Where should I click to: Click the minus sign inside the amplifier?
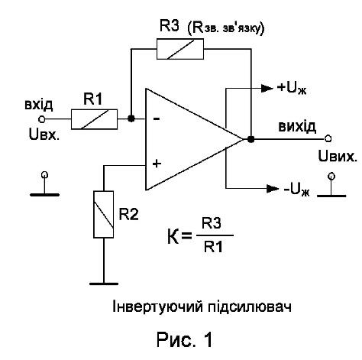point(157,118)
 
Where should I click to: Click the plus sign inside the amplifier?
point(157,164)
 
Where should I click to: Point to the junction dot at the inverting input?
point(131,118)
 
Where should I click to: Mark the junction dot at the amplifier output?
point(251,139)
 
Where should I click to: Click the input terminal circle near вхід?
point(41,119)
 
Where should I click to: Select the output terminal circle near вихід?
point(328,138)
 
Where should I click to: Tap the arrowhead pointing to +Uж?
point(267,88)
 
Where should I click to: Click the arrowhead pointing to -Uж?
point(273,189)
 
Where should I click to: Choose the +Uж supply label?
point(293,88)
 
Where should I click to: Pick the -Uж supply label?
point(297,190)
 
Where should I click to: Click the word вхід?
point(39,105)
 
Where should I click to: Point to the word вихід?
point(297,127)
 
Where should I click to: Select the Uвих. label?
point(338,156)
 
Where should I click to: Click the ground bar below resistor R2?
point(104,284)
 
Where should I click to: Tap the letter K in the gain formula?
point(173,236)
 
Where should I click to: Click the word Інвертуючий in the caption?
point(158,306)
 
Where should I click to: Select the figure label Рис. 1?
point(184,340)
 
